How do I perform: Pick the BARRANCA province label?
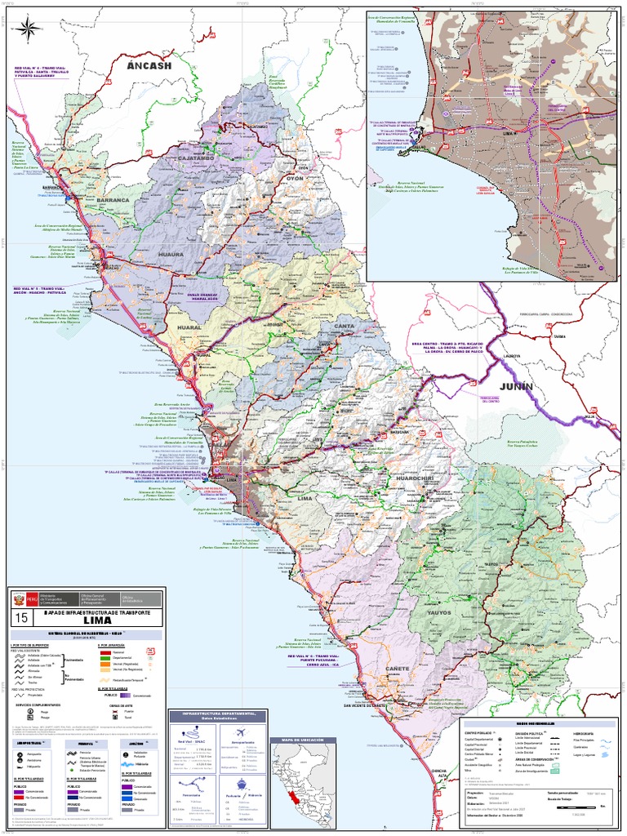tap(113, 199)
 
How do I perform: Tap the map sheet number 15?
tap(20, 618)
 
